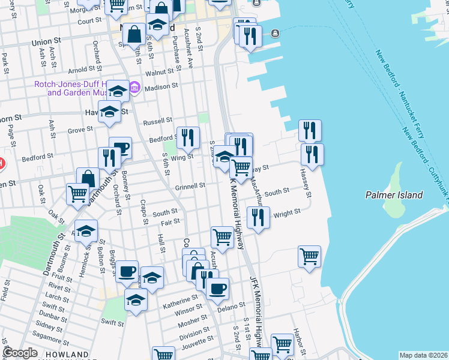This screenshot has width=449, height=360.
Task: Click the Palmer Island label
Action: [394, 195]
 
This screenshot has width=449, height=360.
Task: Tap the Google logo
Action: [20, 353]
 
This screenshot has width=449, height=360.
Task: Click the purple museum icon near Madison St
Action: [134, 89]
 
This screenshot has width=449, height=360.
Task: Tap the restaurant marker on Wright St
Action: [258, 217]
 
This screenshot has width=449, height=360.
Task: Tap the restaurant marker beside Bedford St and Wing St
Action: [188, 138]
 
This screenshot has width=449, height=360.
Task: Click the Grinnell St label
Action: [190, 186]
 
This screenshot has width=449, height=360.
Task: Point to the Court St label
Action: [89, 20]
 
